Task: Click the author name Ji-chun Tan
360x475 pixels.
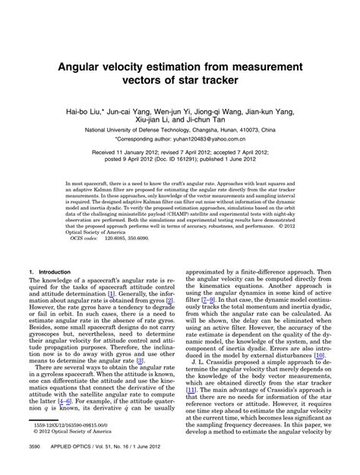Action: click(x=233, y=119)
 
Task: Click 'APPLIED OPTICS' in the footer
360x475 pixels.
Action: click(x=68, y=466)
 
